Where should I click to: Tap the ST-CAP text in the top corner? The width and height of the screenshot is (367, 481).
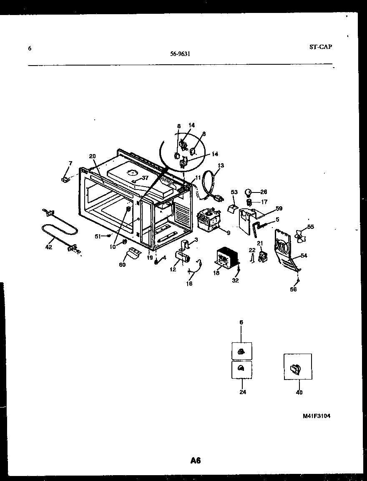321,47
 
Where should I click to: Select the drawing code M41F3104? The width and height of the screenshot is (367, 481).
317,416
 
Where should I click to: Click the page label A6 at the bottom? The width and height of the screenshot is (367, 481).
196,461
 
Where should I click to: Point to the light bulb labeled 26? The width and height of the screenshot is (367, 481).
249,192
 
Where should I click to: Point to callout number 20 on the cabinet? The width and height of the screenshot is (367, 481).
92,156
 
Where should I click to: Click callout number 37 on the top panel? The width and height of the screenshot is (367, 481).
145,178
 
